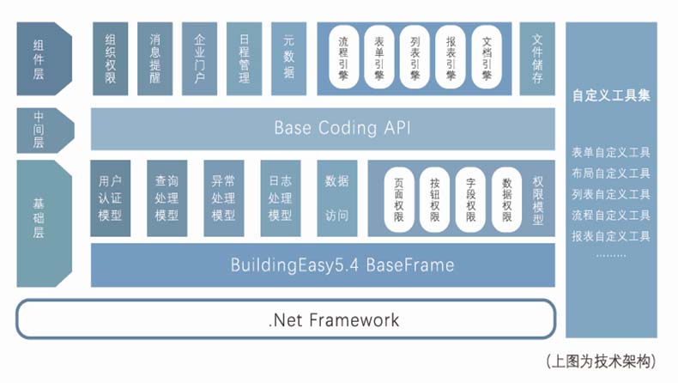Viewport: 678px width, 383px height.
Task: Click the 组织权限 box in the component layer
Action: pyautogui.click(x=112, y=58)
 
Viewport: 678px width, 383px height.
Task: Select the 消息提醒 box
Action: pyautogui.click(x=155, y=58)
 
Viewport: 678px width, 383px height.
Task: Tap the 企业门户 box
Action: pyautogui.click(x=199, y=58)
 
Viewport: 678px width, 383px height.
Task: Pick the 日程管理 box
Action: pyautogui.click(x=244, y=58)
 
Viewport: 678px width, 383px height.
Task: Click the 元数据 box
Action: pyautogui.click(x=288, y=58)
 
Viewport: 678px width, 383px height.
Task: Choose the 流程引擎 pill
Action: pyautogui.click(x=344, y=58)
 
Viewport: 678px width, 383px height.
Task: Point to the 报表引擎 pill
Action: pyautogui.click(x=451, y=58)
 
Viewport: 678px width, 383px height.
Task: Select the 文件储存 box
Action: pyautogui.click(x=537, y=58)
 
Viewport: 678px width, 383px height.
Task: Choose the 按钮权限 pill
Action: pyautogui.click(x=435, y=199)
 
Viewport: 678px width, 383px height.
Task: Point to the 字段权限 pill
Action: pyautogui.click(x=470, y=199)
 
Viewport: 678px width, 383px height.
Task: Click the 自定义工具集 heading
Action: pyautogui.click(x=611, y=96)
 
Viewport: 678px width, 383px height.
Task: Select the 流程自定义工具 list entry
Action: pyautogui.click(x=611, y=215)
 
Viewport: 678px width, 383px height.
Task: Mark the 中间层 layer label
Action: pyautogui.click(x=39, y=130)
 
